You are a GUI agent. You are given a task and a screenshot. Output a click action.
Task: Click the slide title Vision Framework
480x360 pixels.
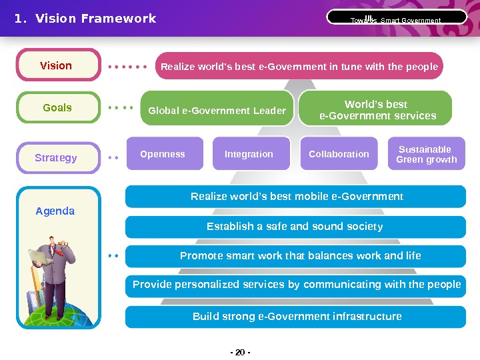point(85,19)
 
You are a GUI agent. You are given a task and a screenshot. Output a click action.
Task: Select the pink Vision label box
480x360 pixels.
point(57,65)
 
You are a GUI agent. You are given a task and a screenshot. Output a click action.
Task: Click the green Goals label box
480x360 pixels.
point(57,107)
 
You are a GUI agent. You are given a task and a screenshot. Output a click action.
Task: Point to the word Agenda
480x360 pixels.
point(55,211)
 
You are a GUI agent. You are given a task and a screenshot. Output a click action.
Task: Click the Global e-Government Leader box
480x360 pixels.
point(217,110)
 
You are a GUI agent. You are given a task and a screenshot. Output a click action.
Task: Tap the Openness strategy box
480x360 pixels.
point(163,154)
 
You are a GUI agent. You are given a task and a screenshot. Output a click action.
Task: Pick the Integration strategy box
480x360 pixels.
point(249,154)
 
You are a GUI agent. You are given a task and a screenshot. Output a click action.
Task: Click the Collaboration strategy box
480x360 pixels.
point(339,154)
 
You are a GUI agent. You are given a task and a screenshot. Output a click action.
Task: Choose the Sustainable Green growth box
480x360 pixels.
point(427,154)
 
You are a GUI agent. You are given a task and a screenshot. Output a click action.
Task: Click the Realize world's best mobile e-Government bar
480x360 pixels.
point(297,197)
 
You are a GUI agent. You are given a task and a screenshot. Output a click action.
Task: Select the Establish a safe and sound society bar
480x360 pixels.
point(295,227)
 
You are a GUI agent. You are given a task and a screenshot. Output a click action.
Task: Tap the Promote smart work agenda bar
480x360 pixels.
point(299,256)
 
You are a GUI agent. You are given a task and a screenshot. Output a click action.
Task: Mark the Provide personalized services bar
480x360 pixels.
point(297,285)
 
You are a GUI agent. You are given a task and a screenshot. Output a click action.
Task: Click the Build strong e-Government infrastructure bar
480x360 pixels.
point(297,317)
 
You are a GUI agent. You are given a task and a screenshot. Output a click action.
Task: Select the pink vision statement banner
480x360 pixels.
point(299,67)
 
